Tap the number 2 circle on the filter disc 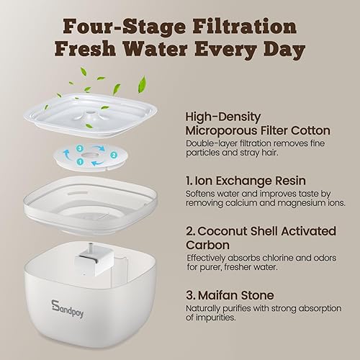coord(112,154)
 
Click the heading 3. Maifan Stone coord(231,294)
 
